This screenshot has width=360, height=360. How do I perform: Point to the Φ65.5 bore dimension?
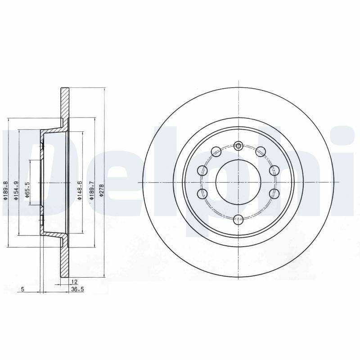[x=27, y=190]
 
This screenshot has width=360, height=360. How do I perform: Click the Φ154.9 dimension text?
[x=16, y=190]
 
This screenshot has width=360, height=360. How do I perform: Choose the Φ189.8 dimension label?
[x=5, y=190]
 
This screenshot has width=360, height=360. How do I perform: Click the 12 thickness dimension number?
[x=75, y=282]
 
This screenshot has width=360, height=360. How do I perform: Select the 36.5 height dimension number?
[x=77, y=289]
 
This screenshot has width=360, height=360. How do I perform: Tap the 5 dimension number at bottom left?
[x=22, y=289]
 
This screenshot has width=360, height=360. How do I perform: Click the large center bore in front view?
[x=238, y=182]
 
